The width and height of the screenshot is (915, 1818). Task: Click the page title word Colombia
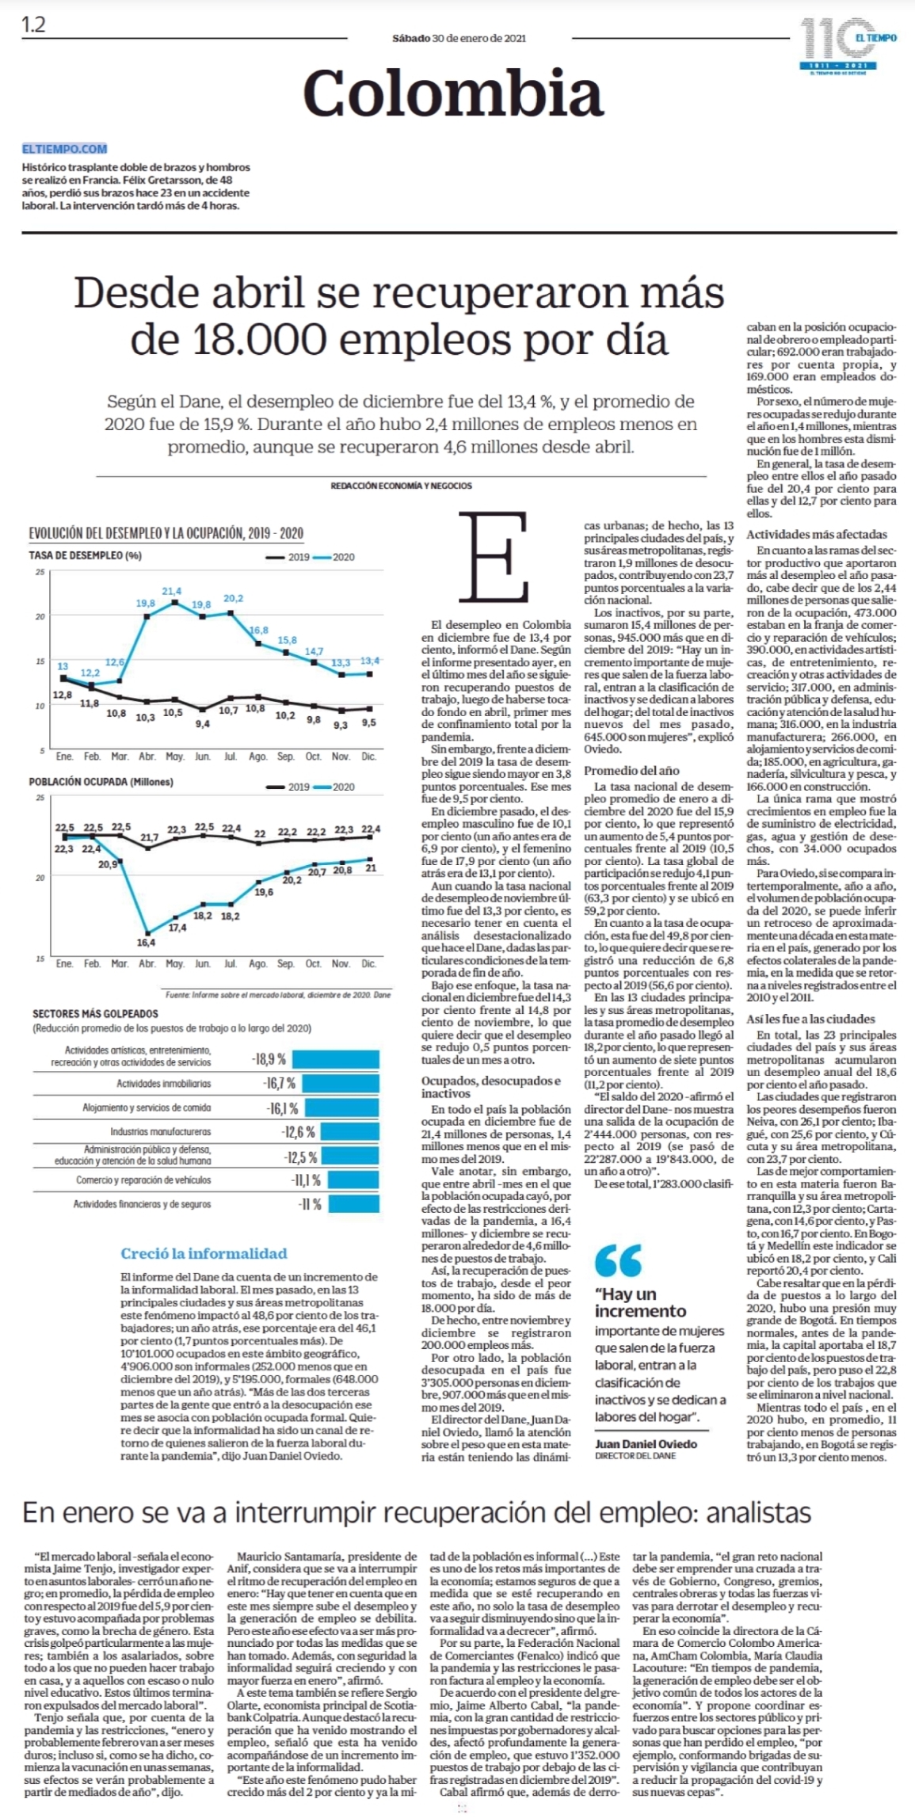453,93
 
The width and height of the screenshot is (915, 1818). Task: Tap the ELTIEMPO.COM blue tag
65,148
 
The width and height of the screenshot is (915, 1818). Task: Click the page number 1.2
33,25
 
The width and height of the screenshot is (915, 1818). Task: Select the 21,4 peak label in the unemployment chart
172,591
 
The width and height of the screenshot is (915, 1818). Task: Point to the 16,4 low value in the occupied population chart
146,943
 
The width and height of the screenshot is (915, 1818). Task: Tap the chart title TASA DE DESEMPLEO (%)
86,555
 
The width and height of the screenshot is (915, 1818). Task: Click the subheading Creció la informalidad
204,1253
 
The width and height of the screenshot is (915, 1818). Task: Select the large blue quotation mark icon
618,1260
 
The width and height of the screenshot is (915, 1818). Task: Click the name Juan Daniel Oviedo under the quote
646,1444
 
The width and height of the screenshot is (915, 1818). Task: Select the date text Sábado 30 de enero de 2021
459,37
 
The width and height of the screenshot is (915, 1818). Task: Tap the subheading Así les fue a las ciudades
810,1019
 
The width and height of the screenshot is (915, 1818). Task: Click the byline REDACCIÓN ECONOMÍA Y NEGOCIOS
401,486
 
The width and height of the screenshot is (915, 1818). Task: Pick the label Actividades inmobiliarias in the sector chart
164,1083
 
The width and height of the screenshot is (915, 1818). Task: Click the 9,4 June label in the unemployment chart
203,723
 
